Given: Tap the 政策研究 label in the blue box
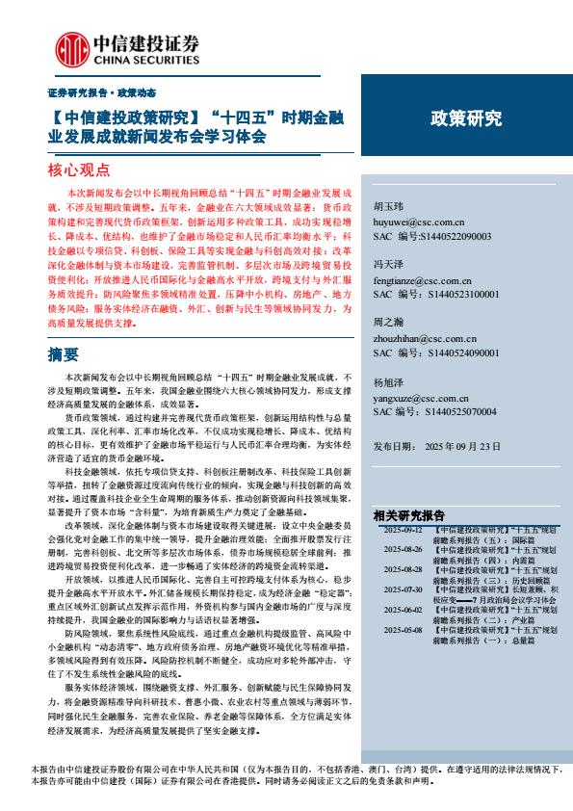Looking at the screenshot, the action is [466, 118].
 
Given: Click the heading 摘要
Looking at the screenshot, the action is [63, 355].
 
